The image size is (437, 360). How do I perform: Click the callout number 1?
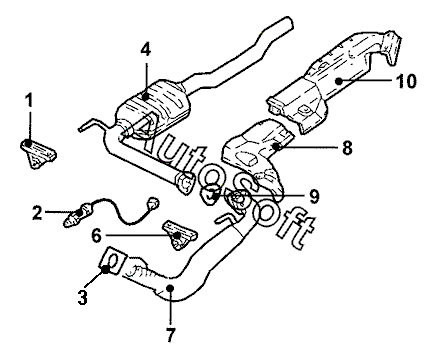[x=30, y=100]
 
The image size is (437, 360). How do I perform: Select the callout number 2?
[x=37, y=212]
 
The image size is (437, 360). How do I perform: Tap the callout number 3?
[x=82, y=297]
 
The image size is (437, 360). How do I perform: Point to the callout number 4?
[x=145, y=50]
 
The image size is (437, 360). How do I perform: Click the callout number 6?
[x=96, y=236]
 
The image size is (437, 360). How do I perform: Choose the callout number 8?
[x=347, y=147]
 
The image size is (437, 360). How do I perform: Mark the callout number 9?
[x=314, y=197]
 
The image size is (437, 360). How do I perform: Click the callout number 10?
[x=406, y=81]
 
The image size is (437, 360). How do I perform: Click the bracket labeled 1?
[x=38, y=154]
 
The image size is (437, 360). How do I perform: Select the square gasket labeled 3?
[x=113, y=261]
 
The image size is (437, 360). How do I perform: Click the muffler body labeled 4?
[x=153, y=107]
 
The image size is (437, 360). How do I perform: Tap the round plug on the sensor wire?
[x=153, y=202]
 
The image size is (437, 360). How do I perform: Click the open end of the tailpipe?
[x=289, y=23]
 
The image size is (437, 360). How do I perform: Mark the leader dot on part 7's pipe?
[x=170, y=287]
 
